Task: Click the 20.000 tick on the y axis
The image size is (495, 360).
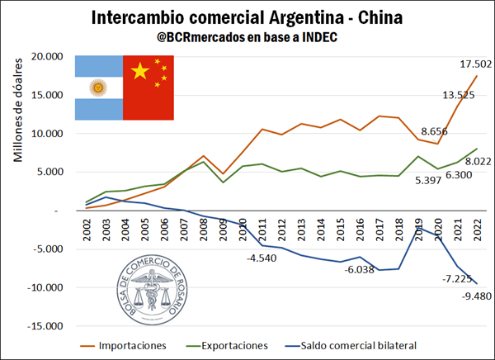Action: click(45, 56)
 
